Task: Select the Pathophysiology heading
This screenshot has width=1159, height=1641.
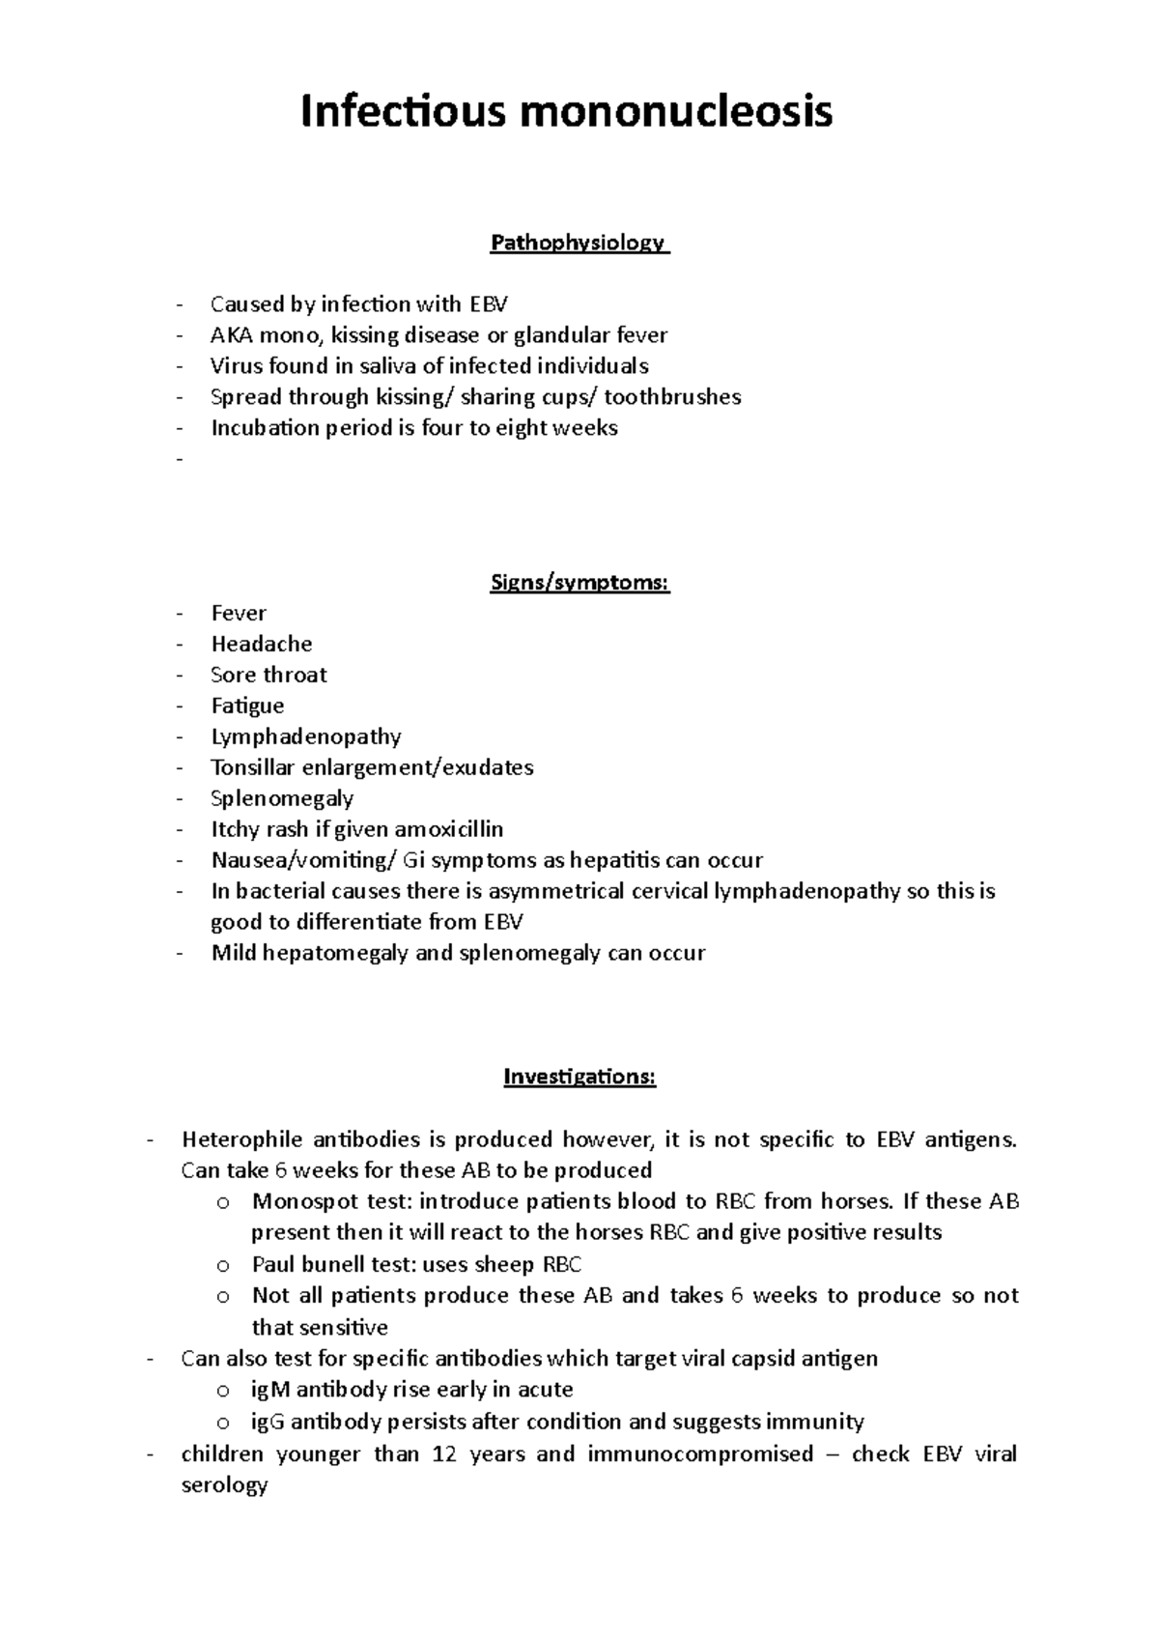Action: coord(578,243)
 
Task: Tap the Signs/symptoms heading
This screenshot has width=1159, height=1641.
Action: coord(579,583)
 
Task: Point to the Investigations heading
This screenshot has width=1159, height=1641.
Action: coord(579,1077)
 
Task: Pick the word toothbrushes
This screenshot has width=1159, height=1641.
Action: coord(672,397)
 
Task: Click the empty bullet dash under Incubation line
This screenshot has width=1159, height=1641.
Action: coord(180,460)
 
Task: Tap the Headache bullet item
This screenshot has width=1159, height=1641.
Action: coord(262,645)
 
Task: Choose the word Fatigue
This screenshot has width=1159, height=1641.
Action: coord(247,706)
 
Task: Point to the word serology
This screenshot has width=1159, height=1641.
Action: coord(224,1485)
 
